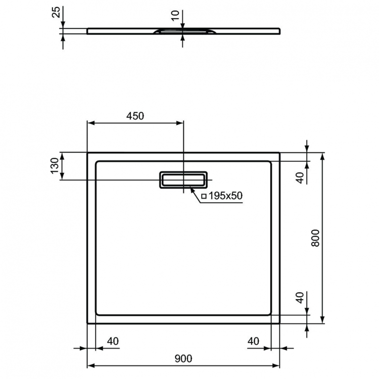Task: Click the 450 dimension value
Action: click(135, 116)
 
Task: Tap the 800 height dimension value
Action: click(315, 238)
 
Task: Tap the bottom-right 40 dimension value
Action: click(253, 341)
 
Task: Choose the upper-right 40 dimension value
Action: click(300, 177)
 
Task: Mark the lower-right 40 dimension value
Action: click(300, 298)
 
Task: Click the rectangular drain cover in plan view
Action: click(183, 179)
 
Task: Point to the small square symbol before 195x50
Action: click(204, 196)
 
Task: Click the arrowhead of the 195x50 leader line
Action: click(191, 188)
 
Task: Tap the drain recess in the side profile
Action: click(183, 31)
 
